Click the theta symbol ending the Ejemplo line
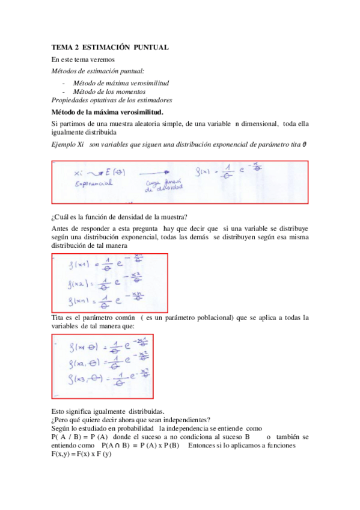[305, 144]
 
